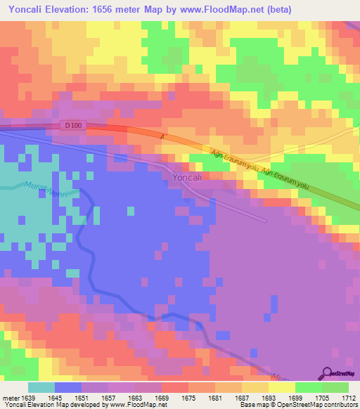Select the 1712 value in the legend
[349, 397]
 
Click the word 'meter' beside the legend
[11, 397]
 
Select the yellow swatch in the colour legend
[281, 387]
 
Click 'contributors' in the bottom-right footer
[340, 405]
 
